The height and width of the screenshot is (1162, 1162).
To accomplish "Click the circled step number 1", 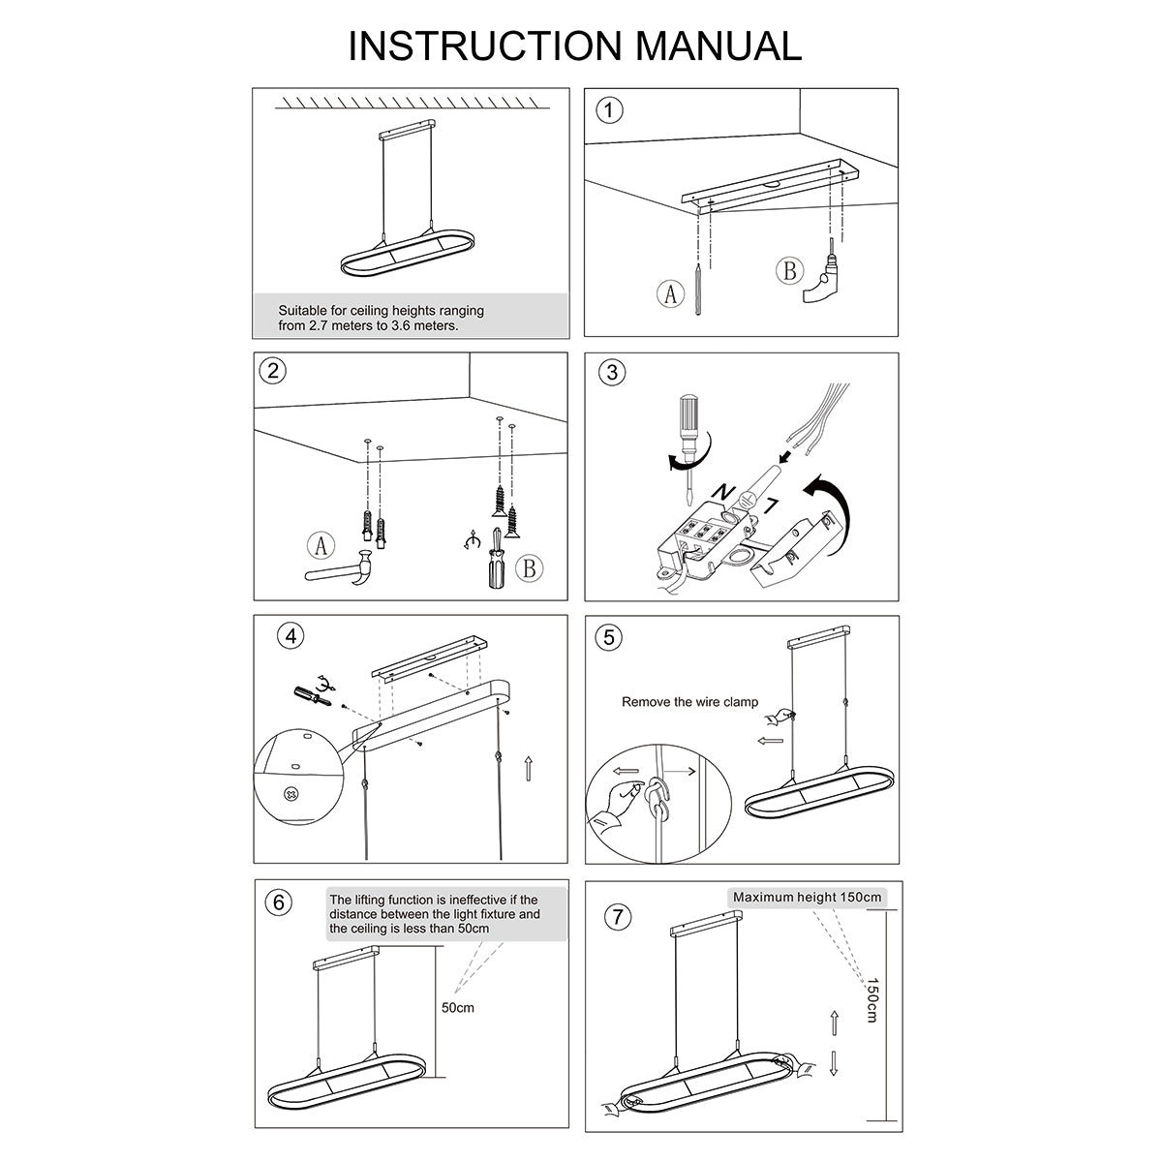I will coord(609,110).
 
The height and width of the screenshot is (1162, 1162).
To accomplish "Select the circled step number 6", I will coord(278,902).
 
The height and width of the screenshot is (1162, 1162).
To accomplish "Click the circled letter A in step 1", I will coord(668,292).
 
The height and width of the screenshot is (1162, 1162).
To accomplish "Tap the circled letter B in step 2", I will coord(528,567).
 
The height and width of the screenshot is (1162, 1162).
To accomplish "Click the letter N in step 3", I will coord(721,493).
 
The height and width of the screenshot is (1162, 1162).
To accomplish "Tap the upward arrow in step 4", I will coord(528,770).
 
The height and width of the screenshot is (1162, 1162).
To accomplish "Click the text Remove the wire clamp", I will coord(689,702).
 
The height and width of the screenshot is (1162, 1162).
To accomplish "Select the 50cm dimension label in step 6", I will coord(458,1008).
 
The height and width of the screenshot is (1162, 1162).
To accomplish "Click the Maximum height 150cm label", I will coord(807,898).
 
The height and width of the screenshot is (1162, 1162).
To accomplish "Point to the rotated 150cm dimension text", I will coord(871,1000).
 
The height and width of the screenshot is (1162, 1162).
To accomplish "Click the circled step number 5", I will coord(609,637).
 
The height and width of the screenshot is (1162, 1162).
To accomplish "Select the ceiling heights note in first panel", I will coord(381,318).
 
